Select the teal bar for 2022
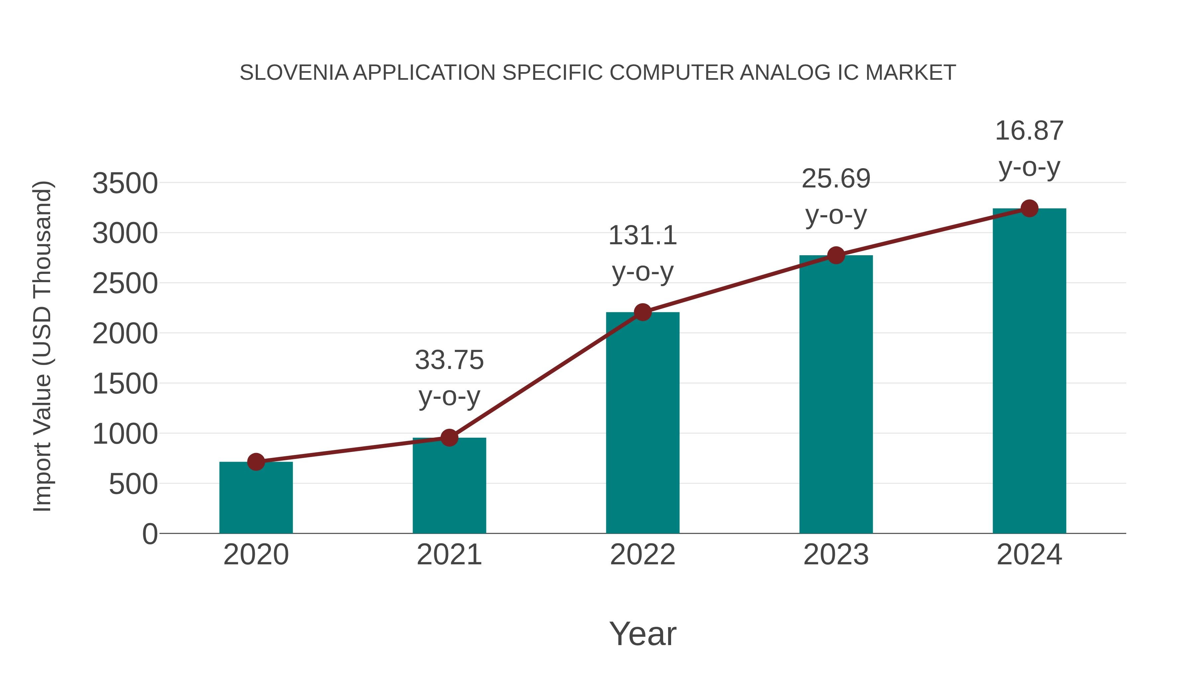pos(643,423)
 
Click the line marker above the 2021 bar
pos(449,437)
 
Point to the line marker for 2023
pos(836,256)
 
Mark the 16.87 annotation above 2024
pos(1029,131)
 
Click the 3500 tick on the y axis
pos(125,183)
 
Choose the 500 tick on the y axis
pos(133,485)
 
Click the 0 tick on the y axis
pos(149,534)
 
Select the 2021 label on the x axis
pos(449,555)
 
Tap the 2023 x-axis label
pos(836,555)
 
